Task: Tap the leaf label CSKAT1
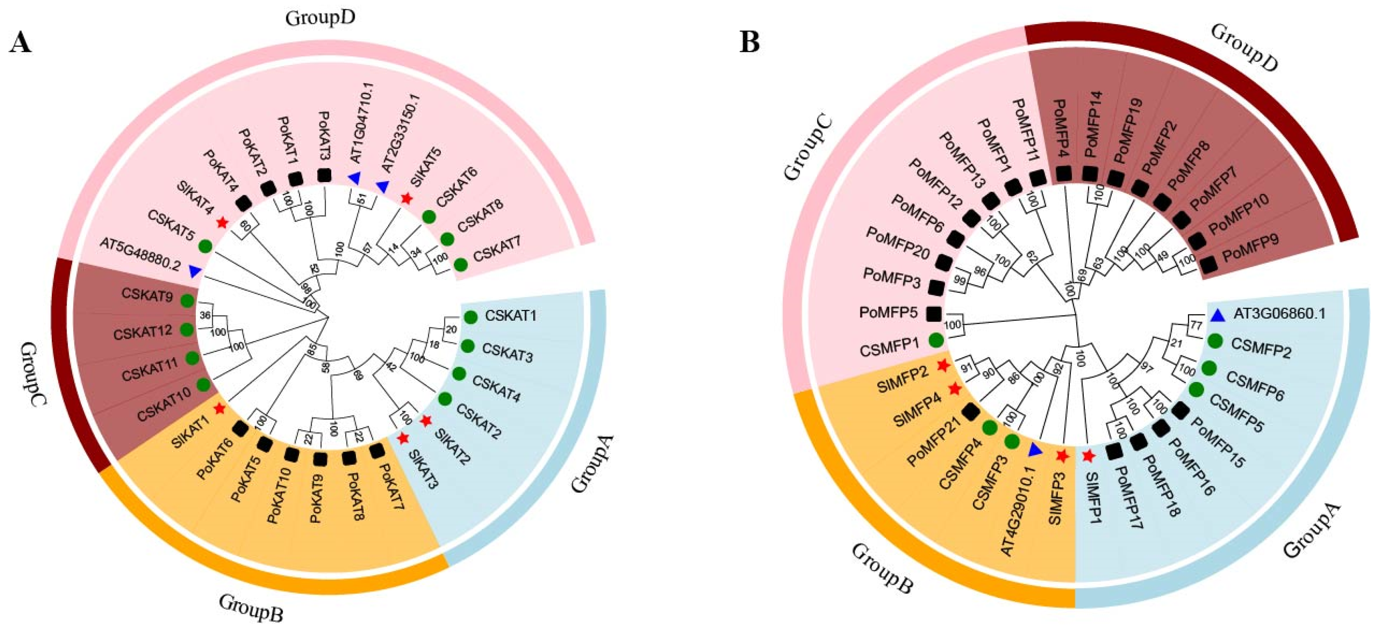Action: point(510,316)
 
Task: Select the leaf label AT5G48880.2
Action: point(140,263)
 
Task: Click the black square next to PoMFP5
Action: point(934,313)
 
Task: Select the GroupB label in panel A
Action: point(251,608)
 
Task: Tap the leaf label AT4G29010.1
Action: point(1016,510)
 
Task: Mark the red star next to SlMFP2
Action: point(943,366)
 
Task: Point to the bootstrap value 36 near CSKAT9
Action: point(205,316)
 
